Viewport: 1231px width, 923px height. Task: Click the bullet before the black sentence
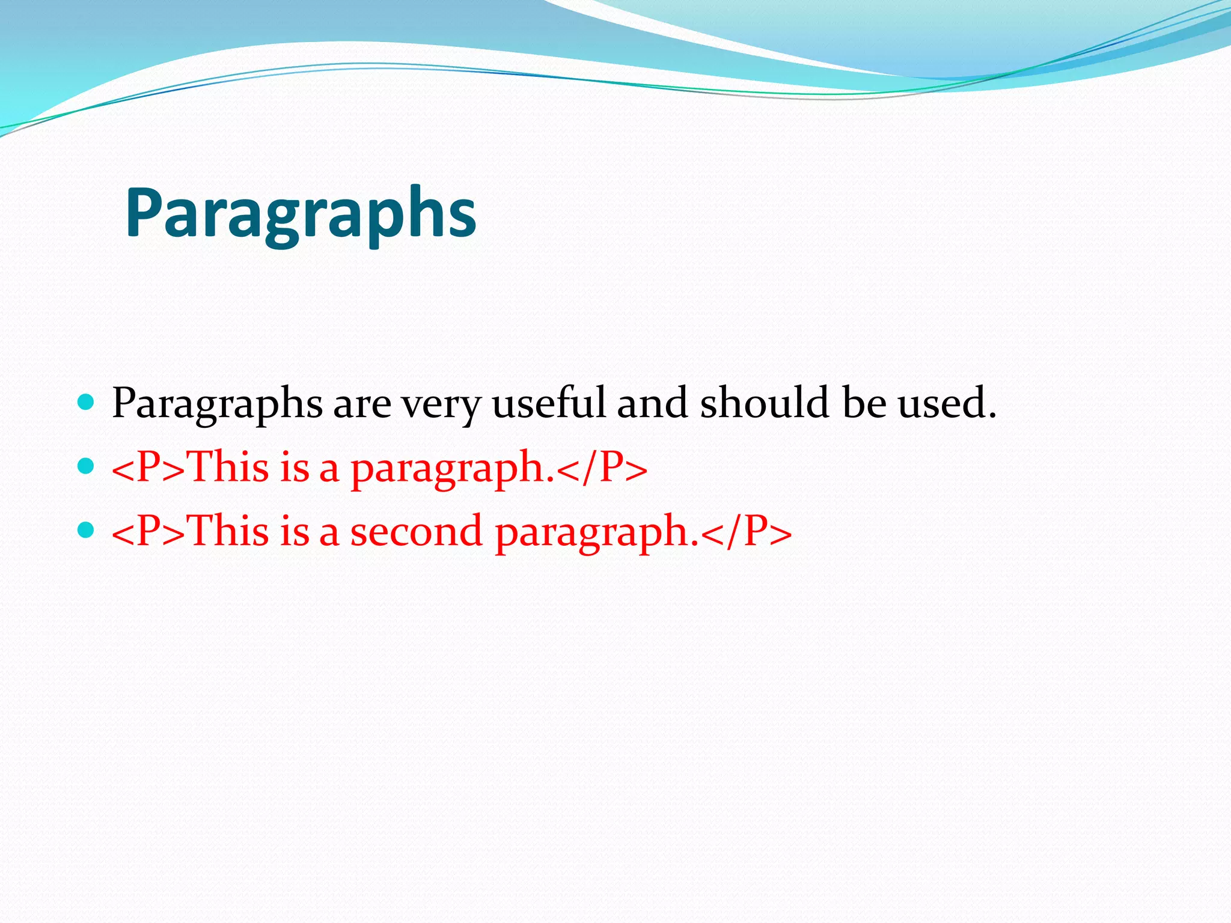click(x=87, y=401)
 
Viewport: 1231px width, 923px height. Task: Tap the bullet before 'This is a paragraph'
click(x=87, y=466)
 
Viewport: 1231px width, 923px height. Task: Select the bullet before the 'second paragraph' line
click(x=87, y=529)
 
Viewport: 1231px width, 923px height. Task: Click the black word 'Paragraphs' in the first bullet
click(x=218, y=404)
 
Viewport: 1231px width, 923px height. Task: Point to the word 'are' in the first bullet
click(x=362, y=404)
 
